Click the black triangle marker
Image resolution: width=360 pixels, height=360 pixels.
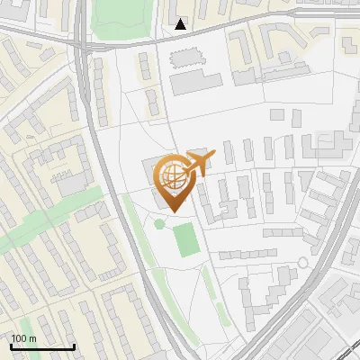182,24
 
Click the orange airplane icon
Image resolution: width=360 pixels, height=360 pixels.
200,163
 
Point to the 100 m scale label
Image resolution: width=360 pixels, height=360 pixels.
23,338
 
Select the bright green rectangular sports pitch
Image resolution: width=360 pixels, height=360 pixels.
185,238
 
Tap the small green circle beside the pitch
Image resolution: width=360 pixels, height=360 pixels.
159,223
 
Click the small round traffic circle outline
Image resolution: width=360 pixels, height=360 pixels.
303,263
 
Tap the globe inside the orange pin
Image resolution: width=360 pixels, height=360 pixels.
174,175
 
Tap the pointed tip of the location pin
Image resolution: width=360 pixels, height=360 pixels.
174,211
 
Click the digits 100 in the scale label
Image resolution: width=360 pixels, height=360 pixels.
19,338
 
